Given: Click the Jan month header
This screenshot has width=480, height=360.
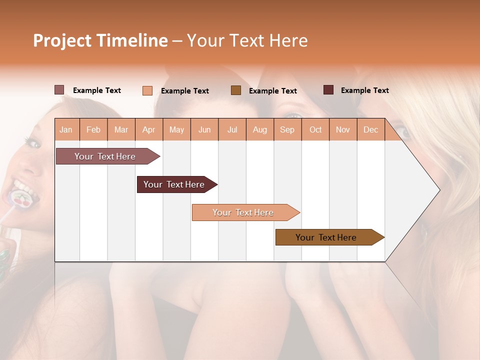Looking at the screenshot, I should point(66,130).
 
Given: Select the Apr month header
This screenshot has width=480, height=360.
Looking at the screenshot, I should point(149,130).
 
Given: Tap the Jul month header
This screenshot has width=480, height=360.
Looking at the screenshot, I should point(232,130).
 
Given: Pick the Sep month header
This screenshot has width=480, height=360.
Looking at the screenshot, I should point(287,130).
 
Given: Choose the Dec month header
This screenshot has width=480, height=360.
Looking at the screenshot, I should point(370,130).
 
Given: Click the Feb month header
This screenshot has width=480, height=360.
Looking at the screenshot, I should point(93,130).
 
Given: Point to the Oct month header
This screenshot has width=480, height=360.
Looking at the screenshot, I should point(315,130).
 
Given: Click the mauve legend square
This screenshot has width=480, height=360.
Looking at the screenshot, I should point(59,90).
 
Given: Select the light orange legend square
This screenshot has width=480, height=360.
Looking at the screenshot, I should point(147,90).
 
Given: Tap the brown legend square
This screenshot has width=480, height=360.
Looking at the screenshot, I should point(236,90).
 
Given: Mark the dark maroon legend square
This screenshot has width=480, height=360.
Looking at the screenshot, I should point(328,90).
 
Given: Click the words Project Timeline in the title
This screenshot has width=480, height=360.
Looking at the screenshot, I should point(100,40).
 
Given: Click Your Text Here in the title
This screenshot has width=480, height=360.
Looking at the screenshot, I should point(247,40).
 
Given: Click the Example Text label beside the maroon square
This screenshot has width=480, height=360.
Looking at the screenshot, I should point(364,90).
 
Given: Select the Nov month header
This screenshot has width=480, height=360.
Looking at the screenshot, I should point(342,130).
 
